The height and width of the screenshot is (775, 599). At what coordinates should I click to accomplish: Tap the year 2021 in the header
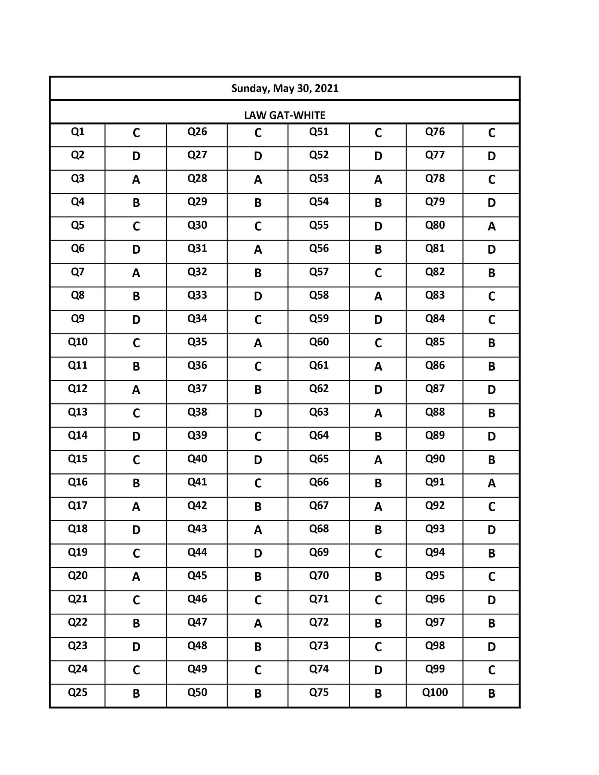326,88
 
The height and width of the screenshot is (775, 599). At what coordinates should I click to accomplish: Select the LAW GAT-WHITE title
285,115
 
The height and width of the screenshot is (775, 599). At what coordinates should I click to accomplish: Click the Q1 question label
77,132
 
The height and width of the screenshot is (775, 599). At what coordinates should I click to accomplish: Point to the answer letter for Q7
136,273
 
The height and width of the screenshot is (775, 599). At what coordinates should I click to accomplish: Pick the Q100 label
435,692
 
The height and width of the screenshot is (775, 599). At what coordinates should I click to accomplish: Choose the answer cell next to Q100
492,694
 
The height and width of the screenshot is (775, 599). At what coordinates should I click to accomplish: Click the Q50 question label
197,692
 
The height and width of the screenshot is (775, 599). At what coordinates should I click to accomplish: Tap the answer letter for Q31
258,250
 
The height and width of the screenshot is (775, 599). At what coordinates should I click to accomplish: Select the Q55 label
319,225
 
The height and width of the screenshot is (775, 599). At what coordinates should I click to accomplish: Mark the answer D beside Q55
378,226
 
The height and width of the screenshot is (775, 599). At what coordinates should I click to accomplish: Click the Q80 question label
435,225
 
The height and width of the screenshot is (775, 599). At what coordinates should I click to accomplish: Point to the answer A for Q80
492,226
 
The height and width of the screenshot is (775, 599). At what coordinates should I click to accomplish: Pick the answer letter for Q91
492,483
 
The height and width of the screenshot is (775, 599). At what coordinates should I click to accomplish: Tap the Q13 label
77,412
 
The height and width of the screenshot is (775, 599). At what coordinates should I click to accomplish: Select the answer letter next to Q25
136,694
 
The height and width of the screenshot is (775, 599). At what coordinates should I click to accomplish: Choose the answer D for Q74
378,670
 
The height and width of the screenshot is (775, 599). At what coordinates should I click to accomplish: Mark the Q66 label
319,482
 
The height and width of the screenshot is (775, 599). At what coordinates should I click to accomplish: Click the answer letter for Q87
492,390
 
